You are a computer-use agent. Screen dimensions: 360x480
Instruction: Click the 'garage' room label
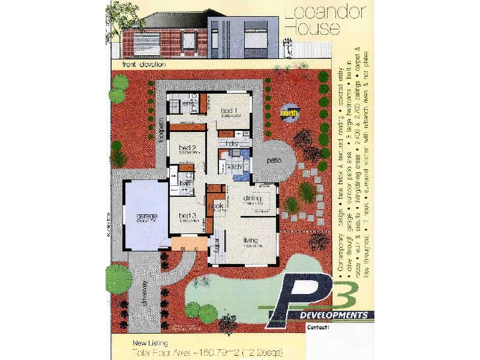pyautogui.click(x=147, y=215)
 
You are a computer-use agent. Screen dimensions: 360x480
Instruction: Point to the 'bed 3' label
pyautogui.click(x=188, y=215)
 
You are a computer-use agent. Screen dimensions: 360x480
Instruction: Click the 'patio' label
pyautogui.click(x=274, y=161)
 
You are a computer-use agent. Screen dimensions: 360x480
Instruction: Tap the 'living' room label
pyautogui.click(x=250, y=241)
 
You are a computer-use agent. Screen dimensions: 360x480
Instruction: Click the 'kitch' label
pyautogui.click(x=234, y=166)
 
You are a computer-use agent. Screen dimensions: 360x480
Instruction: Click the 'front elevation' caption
pyautogui.click(x=144, y=64)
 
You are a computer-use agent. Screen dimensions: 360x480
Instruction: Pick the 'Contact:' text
pyautogui.click(x=318, y=328)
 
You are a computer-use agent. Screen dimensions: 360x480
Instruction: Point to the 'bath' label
pyautogui.click(x=185, y=183)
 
